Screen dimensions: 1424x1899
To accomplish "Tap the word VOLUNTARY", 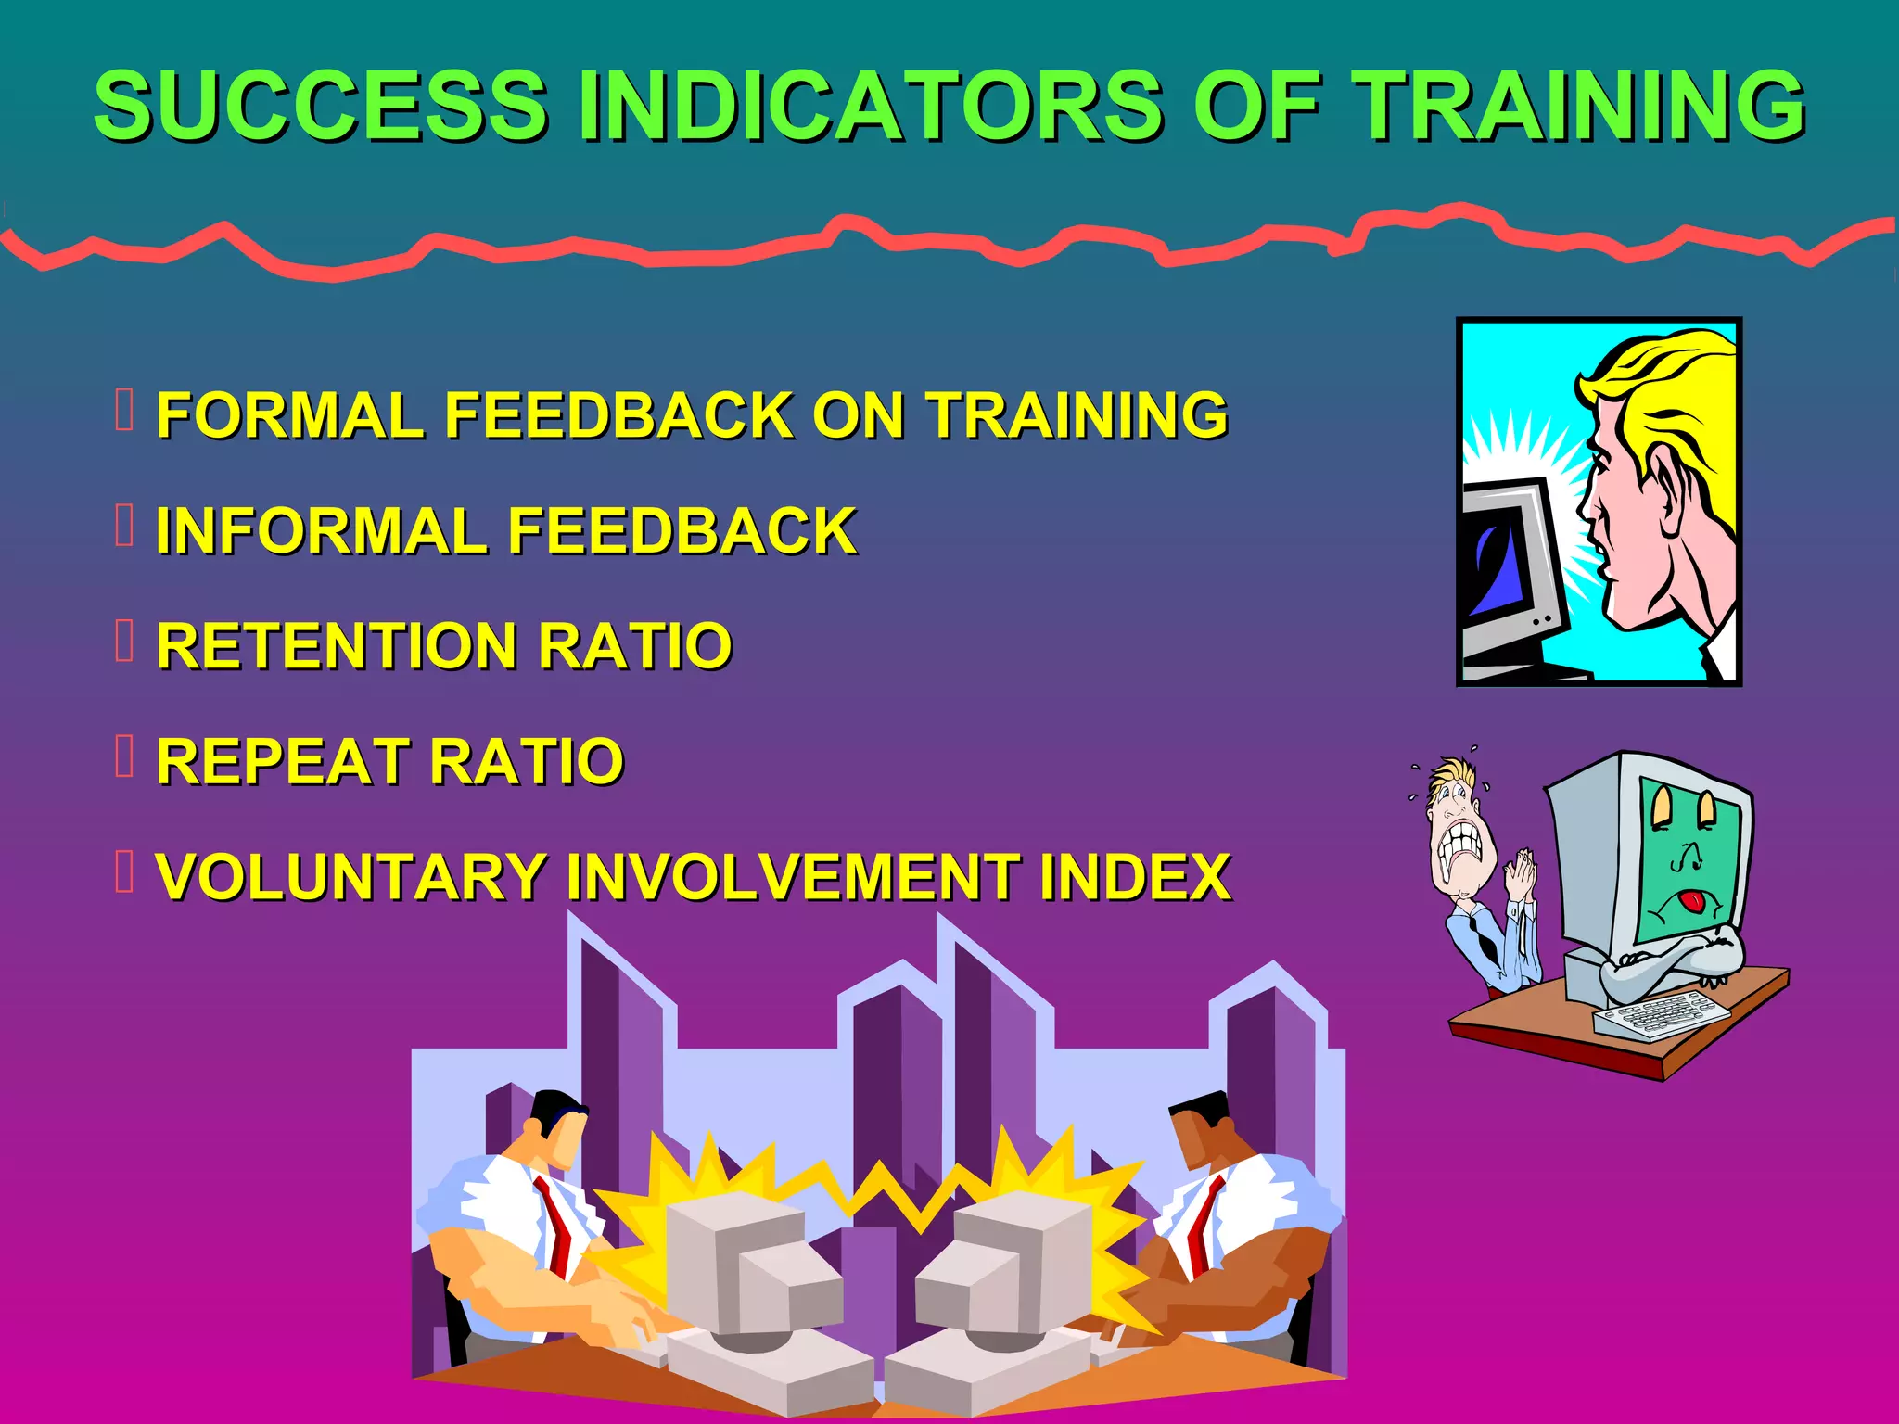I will click(351, 876).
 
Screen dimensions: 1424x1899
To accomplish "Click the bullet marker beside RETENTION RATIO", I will click(125, 641).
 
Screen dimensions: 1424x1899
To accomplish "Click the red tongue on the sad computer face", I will click(1693, 900).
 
